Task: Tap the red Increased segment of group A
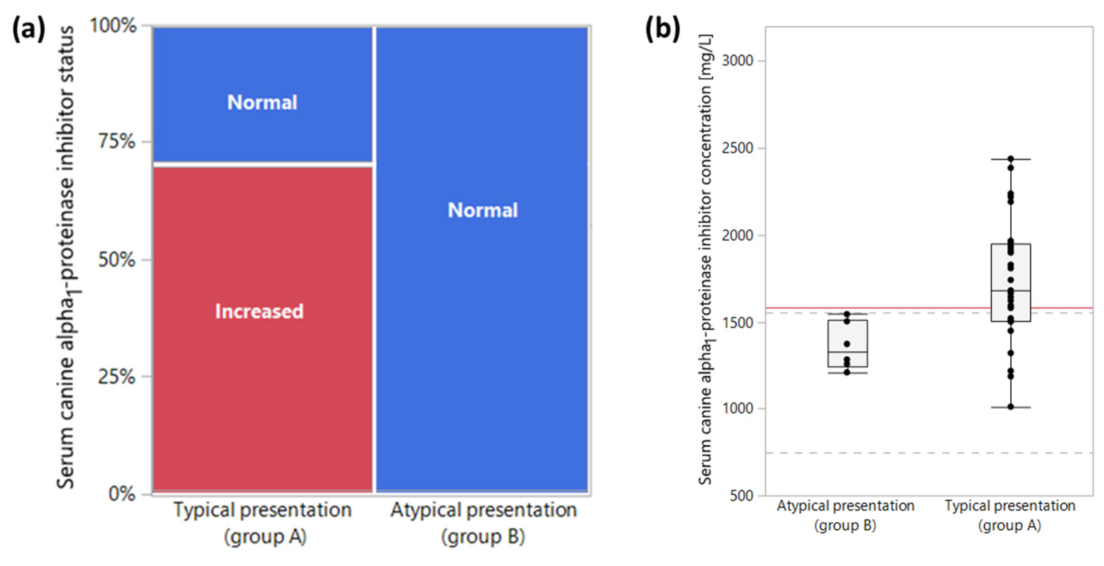coord(262,365)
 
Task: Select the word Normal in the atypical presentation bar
coord(483,210)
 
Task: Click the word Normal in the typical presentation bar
coord(262,102)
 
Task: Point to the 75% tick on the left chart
coord(117,141)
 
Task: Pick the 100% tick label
coord(113,26)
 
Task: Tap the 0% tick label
coord(122,494)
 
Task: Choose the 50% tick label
coord(117,260)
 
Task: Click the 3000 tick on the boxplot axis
coord(737,61)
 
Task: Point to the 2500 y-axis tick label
coord(737,148)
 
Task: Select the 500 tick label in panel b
coord(742,496)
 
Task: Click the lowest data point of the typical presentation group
coord(1011,407)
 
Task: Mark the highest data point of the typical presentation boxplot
coord(1011,159)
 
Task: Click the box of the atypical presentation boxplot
coord(847,339)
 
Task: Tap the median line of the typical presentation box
coord(1011,291)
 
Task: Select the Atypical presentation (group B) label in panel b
coord(845,516)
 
